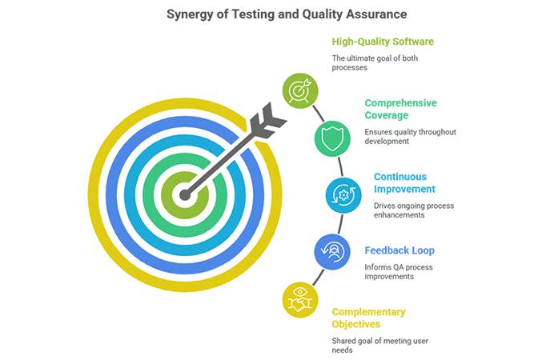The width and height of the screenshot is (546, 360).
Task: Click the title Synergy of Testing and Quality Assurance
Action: [272, 14]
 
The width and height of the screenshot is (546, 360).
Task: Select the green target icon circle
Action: [299, 90]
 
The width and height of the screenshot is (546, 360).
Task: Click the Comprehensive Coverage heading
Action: [399, 109]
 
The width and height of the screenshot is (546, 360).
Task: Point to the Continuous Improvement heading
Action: [405, 182]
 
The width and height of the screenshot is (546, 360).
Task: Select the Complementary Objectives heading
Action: [369, 318]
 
